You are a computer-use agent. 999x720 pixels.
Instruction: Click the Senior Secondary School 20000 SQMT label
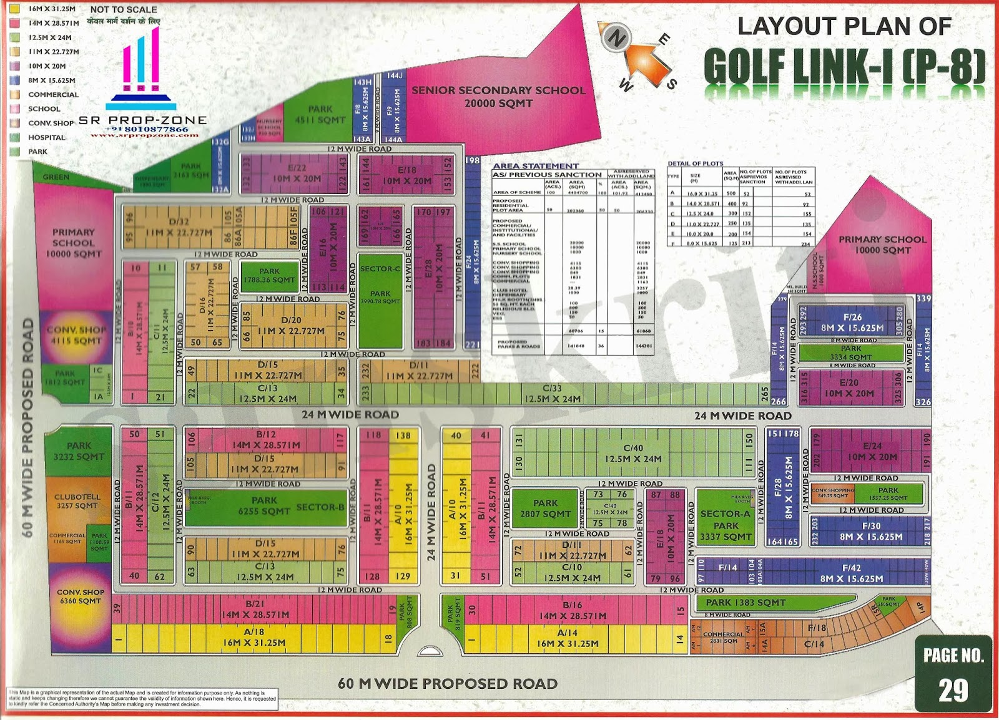(498, 97)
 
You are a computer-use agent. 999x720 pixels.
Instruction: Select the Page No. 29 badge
(953, 674)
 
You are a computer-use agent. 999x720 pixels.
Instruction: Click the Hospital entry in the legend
(46, 137)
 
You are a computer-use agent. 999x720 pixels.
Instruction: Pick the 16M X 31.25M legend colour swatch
(15, 9)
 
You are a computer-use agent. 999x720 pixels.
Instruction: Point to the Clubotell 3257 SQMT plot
(77, 501)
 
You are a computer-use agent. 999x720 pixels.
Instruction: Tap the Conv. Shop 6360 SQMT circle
(80, 596)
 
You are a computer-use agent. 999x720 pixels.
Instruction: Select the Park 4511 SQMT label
(321, 114)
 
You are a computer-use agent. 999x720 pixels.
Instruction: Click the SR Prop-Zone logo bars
(142, 69)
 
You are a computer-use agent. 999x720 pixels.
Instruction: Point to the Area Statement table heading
(536, 166)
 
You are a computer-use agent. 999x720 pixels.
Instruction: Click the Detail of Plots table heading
(695, 163)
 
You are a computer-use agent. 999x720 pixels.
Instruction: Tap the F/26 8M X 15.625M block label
(852, 322)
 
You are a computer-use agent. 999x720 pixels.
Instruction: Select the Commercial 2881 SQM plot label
(723, 637)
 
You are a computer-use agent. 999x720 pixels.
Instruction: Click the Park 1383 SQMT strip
(746, 602)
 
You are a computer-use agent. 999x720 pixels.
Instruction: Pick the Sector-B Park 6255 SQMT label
(265, 506)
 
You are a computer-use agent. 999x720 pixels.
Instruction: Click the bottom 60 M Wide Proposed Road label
(447, 684)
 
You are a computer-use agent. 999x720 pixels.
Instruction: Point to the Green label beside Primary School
(56, 177)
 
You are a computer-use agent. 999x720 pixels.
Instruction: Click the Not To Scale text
(124, 9)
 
